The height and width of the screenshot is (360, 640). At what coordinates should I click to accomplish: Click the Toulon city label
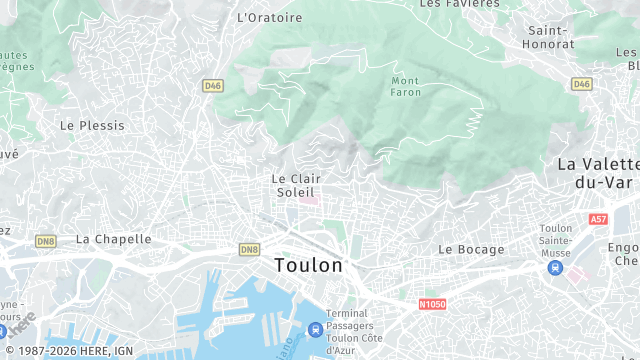(308, 266)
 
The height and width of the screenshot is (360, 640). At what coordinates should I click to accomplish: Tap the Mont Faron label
(406, 87)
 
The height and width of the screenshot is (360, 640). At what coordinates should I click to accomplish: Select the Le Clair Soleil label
(295, 184)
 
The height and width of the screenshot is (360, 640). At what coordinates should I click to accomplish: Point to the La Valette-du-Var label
(598, 172)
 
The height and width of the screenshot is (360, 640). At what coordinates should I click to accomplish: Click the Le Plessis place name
(92, 126)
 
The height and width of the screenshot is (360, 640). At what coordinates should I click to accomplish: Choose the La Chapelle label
(114, 239)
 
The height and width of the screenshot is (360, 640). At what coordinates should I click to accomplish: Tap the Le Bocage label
(471, 249)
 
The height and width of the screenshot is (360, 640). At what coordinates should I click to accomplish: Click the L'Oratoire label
(269, 17)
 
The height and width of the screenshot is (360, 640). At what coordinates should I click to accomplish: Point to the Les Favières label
(459, 4)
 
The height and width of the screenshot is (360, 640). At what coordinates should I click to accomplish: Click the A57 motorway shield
(598, 219)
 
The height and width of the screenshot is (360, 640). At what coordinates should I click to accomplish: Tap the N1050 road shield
(433, 304)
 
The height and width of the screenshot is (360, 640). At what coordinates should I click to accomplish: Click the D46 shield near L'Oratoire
(212, 86)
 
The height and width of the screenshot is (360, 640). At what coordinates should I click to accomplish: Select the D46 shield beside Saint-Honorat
(581, 84)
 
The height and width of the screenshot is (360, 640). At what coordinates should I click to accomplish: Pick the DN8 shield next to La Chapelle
(46, 241)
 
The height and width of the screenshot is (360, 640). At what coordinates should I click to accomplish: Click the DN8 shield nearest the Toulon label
(249, 249)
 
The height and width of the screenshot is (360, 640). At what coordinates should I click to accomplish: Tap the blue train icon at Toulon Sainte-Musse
(556, 267)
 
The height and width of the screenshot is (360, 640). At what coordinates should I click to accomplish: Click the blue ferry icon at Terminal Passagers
(315, 328)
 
